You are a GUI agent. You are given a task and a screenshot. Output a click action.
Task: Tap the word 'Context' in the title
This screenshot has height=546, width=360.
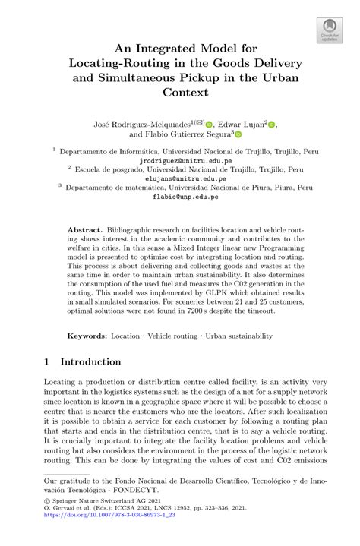[x=179, y=93]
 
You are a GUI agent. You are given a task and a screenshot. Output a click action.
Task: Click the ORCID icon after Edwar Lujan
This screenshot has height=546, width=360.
[x=273, y=125]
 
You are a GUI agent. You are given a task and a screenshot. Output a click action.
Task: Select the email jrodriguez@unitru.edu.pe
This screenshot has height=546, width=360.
[x=180, y=161]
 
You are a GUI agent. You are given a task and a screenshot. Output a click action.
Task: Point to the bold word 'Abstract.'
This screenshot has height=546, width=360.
[x=86, y=229]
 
